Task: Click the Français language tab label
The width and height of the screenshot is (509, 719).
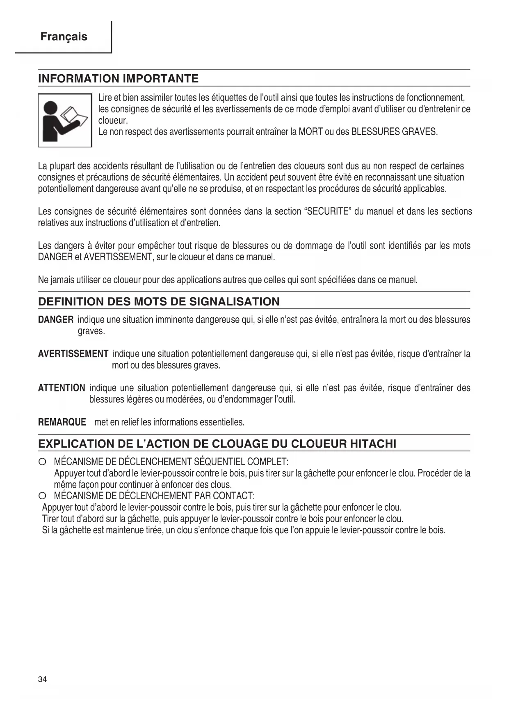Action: coord(64,37)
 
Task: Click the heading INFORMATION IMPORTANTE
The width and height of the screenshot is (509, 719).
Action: coord(118,79)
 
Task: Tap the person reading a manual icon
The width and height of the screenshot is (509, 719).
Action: coord(65,120)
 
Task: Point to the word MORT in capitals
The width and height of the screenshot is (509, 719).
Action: coord(310,132)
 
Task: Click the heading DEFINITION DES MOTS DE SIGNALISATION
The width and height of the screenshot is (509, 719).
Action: coord(159,302)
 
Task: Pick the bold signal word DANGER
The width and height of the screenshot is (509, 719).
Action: coord(56,320)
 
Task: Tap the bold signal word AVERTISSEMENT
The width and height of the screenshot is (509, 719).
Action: coord(73,354)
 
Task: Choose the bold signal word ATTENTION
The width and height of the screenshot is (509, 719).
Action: coord(62,388)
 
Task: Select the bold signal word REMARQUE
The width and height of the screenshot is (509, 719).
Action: coord(62,422)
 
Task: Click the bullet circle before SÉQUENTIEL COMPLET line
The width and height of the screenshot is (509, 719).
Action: coord(42,462)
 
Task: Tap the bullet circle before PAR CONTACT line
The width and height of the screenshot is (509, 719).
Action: coord(42,496)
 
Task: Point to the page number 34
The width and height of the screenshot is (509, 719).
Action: coord(42,679)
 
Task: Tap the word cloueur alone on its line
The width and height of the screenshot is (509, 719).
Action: coord(113,121)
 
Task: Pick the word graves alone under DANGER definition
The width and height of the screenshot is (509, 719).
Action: coord(91,331)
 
